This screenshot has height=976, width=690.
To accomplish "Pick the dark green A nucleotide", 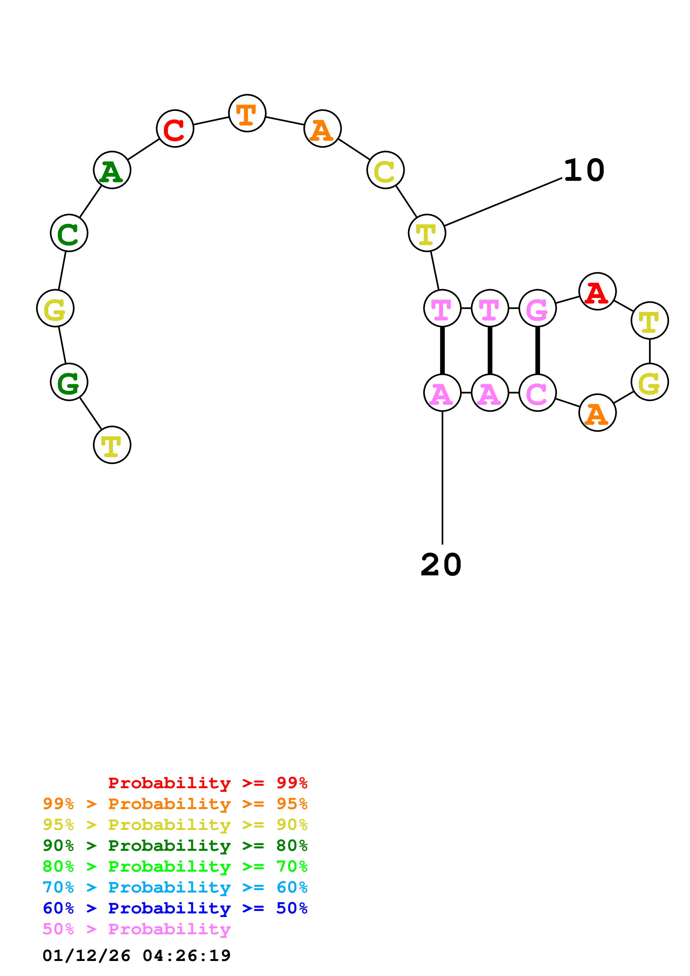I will click(112, 170).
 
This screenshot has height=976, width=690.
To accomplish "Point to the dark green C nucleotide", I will click(69, 233).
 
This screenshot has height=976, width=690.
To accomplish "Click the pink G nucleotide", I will click(537, 308).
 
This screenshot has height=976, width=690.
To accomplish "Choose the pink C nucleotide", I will click(537, 393).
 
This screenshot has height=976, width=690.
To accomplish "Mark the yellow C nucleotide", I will click(385, 170).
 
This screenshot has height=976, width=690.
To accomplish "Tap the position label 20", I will click(441, 565).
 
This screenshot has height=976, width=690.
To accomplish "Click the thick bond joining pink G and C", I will click(537, 350).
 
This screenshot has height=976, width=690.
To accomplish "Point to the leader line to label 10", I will click(503, 202).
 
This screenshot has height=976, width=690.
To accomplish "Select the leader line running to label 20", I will click(442, 476).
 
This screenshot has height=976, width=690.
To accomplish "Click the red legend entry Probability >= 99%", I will click(207, 783).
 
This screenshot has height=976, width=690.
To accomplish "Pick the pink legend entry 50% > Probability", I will click(136, 929).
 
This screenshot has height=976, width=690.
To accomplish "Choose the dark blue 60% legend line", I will click(175, 908).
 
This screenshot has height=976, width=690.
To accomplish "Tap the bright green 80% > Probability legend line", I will click(175, 866).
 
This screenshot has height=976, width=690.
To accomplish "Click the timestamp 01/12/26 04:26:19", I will click(136, 956).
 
